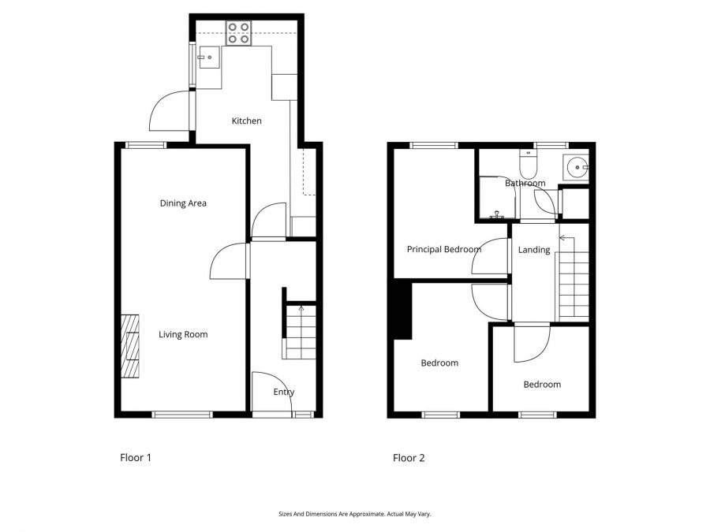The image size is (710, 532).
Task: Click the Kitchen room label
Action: point(246,121)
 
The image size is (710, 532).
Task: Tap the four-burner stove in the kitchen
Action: point(238,33)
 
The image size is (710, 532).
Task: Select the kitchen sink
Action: point(209,58)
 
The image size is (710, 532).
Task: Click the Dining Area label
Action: point(183,203)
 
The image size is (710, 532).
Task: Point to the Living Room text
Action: point(183,334)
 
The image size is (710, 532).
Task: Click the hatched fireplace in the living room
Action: point(130,346)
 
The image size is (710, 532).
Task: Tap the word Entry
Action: point(284,392)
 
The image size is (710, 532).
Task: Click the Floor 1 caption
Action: point(136,457)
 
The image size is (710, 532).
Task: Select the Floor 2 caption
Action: point(409,458)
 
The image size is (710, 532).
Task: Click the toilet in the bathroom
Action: point(528,164)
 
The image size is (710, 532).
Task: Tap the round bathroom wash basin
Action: point(577,167)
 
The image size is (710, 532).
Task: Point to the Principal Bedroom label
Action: point(443,249)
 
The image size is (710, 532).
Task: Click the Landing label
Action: point(534,250)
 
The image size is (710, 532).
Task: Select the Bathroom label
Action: point(525,183)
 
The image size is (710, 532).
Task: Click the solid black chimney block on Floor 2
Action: point(402,310)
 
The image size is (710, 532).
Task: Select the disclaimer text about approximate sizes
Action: point(354,514)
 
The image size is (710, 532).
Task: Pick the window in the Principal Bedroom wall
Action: point(434,145)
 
